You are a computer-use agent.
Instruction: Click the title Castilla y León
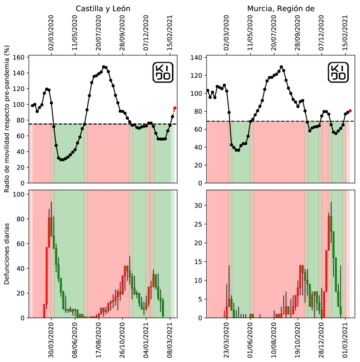[x=102, y=8]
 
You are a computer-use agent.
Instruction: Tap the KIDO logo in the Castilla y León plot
[x=162, y=72]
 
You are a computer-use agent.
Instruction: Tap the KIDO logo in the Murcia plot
[x=338, y=72]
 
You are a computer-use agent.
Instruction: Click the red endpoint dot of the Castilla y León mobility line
[x=175, y=108]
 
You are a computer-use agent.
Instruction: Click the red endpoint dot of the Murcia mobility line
[x=350, y=111]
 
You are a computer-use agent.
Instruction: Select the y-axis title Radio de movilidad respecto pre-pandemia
[x=7, y=119]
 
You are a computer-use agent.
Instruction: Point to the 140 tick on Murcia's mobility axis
[x=198, y=57]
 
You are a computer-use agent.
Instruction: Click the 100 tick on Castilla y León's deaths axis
[x=19, y=194]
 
